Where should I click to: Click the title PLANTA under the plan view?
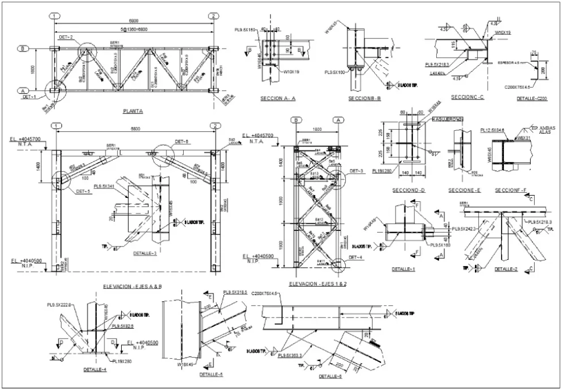132,111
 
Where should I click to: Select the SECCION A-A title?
278,98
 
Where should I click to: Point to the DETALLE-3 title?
146,253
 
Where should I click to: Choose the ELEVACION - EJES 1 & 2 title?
318,284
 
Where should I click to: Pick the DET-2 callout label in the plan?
65,37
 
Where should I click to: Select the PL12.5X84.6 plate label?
491,130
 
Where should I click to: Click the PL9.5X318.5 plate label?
237,292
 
